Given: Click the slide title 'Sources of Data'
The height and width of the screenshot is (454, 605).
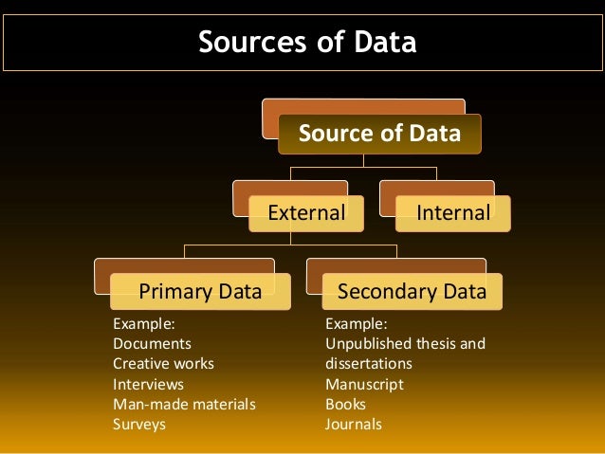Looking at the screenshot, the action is [306, 43].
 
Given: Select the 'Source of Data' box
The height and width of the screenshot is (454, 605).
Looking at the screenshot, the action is [379, 134].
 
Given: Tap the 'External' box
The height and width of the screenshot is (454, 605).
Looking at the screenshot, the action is [306, 213].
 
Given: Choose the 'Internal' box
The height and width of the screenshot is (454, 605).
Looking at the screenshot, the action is [453, 213].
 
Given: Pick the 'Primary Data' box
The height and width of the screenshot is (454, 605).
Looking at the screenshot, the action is [200, 291].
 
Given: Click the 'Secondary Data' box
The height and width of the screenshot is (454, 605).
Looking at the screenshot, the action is [412, 291].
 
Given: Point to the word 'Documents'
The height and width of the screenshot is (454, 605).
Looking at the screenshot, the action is [152, 343].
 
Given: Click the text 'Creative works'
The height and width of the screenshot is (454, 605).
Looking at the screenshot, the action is [163, 363].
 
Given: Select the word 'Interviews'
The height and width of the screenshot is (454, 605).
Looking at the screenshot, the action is [148, 384].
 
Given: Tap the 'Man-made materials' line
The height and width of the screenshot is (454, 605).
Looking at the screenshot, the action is [184, 404].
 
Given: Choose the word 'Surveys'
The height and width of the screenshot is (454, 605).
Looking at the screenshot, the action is [139, 424].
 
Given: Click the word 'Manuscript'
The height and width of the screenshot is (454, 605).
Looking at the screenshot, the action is [364, 384].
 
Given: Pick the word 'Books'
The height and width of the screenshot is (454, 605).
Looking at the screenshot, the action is [345, 404].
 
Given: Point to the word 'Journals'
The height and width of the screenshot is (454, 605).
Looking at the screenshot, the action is [354, 424].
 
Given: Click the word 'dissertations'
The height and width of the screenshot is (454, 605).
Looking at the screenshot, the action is [369, 363].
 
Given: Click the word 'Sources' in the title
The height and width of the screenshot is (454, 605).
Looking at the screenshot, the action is [245, 43].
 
